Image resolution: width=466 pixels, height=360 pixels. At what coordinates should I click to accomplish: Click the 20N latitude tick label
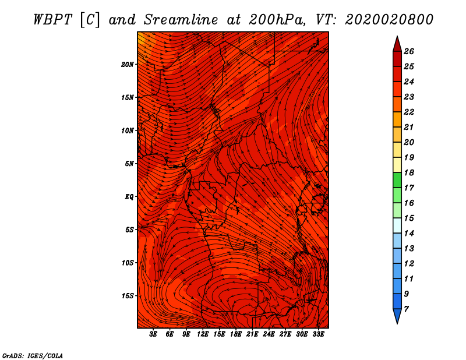pyautogui.click(x=127, y=65)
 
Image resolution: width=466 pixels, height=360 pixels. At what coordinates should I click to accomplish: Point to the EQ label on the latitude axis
pyautogui.click(x=129, y=197)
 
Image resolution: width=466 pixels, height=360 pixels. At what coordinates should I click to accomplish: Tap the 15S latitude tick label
pyautogui.click(x=128, y=296)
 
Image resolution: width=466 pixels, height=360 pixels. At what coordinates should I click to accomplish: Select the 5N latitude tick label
pyautogui.click(x=129, y=164)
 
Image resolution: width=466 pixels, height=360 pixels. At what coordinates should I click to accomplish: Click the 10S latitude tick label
pyautogui.click(x=128, y=263)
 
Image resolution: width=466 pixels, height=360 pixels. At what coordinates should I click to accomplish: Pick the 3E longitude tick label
pyautogui.click(x=153, y=334)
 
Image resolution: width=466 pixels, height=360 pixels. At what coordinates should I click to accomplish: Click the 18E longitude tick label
pyautogui.click(x=236, y=334)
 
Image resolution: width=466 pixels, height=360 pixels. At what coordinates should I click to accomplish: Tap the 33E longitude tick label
pyautogui.click(x=318, y=334)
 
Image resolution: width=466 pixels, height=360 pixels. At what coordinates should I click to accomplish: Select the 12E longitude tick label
pyautogui.click(x=203, y=334)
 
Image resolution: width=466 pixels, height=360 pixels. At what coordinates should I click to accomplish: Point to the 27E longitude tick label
pyautogui.click(x=285, y=334)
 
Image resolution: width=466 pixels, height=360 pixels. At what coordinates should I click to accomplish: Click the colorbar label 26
pyautogui.click(x=409, y=51)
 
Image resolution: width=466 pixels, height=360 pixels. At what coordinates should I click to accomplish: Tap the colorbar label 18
pyautogui.click(x=409, y=172)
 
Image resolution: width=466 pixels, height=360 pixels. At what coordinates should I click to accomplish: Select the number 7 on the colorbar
pyautogui.click(x=406, y=309)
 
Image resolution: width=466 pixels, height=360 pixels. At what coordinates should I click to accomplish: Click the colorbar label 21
pyautogui.click(x=409, y=127)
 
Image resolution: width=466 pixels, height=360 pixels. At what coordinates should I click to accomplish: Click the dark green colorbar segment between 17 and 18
pyautogui.click(x=397, y=180)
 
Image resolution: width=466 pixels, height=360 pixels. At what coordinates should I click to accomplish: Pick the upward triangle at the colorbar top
pyautogui.click(x=397, y=44)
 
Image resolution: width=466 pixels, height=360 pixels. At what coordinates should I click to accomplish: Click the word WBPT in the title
pyautogui.click(x=52, y=20)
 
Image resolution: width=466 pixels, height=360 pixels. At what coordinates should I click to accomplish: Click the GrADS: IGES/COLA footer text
pyautogui.click(x=33, y=356)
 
